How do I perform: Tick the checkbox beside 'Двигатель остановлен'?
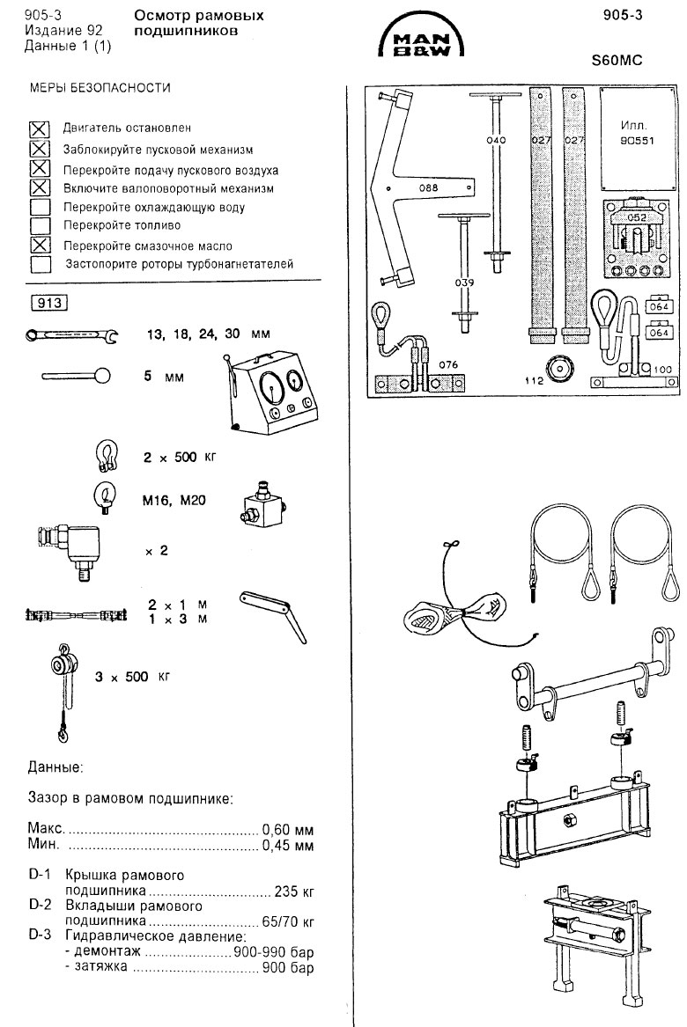coord(40,129)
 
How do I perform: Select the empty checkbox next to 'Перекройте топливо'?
coord(40,225)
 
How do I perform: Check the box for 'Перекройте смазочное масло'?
coord(40,245)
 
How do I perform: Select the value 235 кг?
coord(296,891)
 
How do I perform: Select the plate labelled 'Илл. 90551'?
coord(633,133)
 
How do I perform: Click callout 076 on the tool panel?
coord(448,363)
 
